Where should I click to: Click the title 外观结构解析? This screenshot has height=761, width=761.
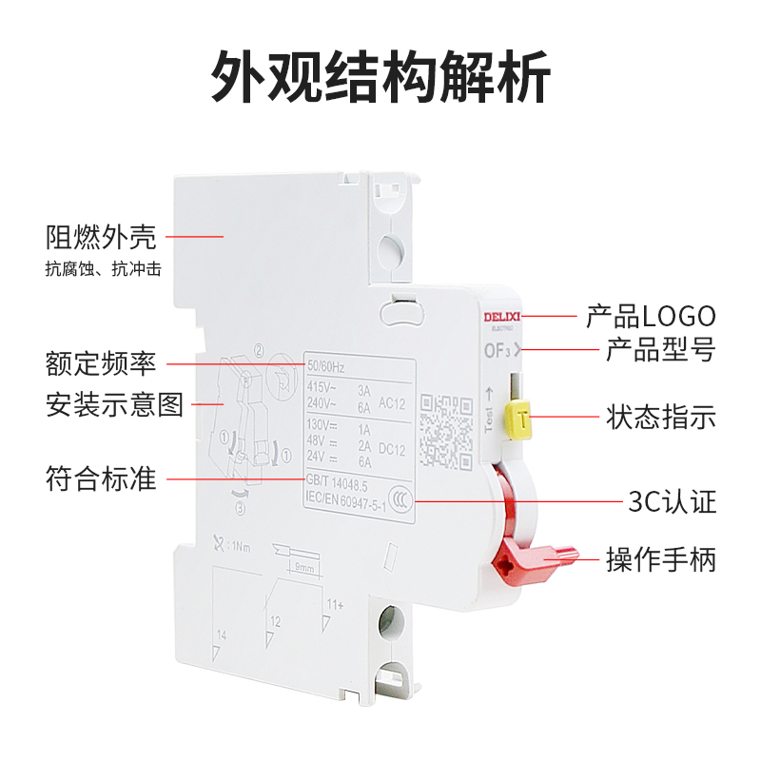[x=380, y=77]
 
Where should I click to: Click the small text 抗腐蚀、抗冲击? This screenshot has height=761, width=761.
[x=103, y=269]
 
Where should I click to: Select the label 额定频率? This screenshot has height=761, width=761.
[x=101, y=364]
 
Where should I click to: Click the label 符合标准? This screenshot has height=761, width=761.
[x=101, y=478]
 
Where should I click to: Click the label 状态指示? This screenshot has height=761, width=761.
[x=660, y=418]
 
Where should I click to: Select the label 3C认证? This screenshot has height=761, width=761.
[x=672, y=501]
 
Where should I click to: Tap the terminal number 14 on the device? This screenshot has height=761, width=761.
[x=221, y=632]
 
